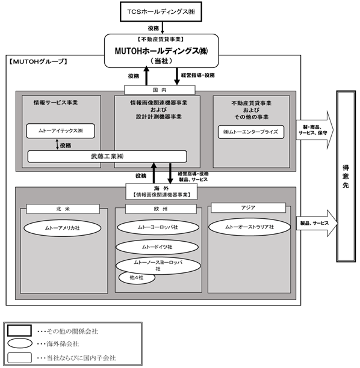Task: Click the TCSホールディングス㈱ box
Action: [x=161, y=12]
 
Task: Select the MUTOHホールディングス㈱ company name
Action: [x=161, y=51]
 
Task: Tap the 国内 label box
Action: [x=160, y=90]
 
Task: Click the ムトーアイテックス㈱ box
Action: [x=61, y=130]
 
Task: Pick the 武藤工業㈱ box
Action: [x=107, y=156]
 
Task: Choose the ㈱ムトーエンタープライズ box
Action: [x=250, y=132]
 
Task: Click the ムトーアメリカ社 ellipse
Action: [x=63, y=228]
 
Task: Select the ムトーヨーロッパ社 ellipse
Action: [x=158, y=227]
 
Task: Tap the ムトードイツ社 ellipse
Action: [x=157, y=247]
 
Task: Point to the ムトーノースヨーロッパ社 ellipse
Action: [x=158, y=266]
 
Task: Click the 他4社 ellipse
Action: [x=137, y=278]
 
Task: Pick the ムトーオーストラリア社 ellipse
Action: [x=250, y=227]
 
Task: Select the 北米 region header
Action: [x=63, y=209]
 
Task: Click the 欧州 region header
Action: [x=161, y=209]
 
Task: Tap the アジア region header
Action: [x=248, y=208]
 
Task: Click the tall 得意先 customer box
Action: [x=346, y=176]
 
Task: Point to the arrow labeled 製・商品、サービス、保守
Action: [x=315, y=130]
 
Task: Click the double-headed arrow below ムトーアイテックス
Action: [x=57, y=144]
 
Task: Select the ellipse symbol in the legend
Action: [x=20, y=343]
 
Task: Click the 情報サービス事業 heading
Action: [x=55, y=103]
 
